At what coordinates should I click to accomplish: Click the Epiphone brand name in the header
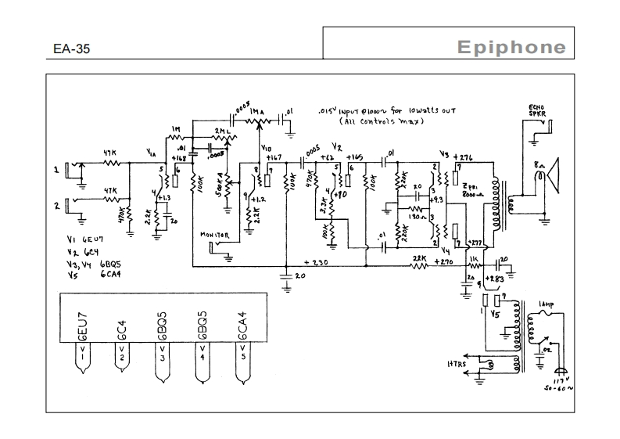click(x=511, y=47)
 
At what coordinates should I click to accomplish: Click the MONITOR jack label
click(x=215, y=234)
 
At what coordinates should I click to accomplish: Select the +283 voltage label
click(x=496, y=278)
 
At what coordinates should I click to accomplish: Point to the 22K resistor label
click(x=420, y=257)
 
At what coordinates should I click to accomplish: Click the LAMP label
click(x=546, y=304)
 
